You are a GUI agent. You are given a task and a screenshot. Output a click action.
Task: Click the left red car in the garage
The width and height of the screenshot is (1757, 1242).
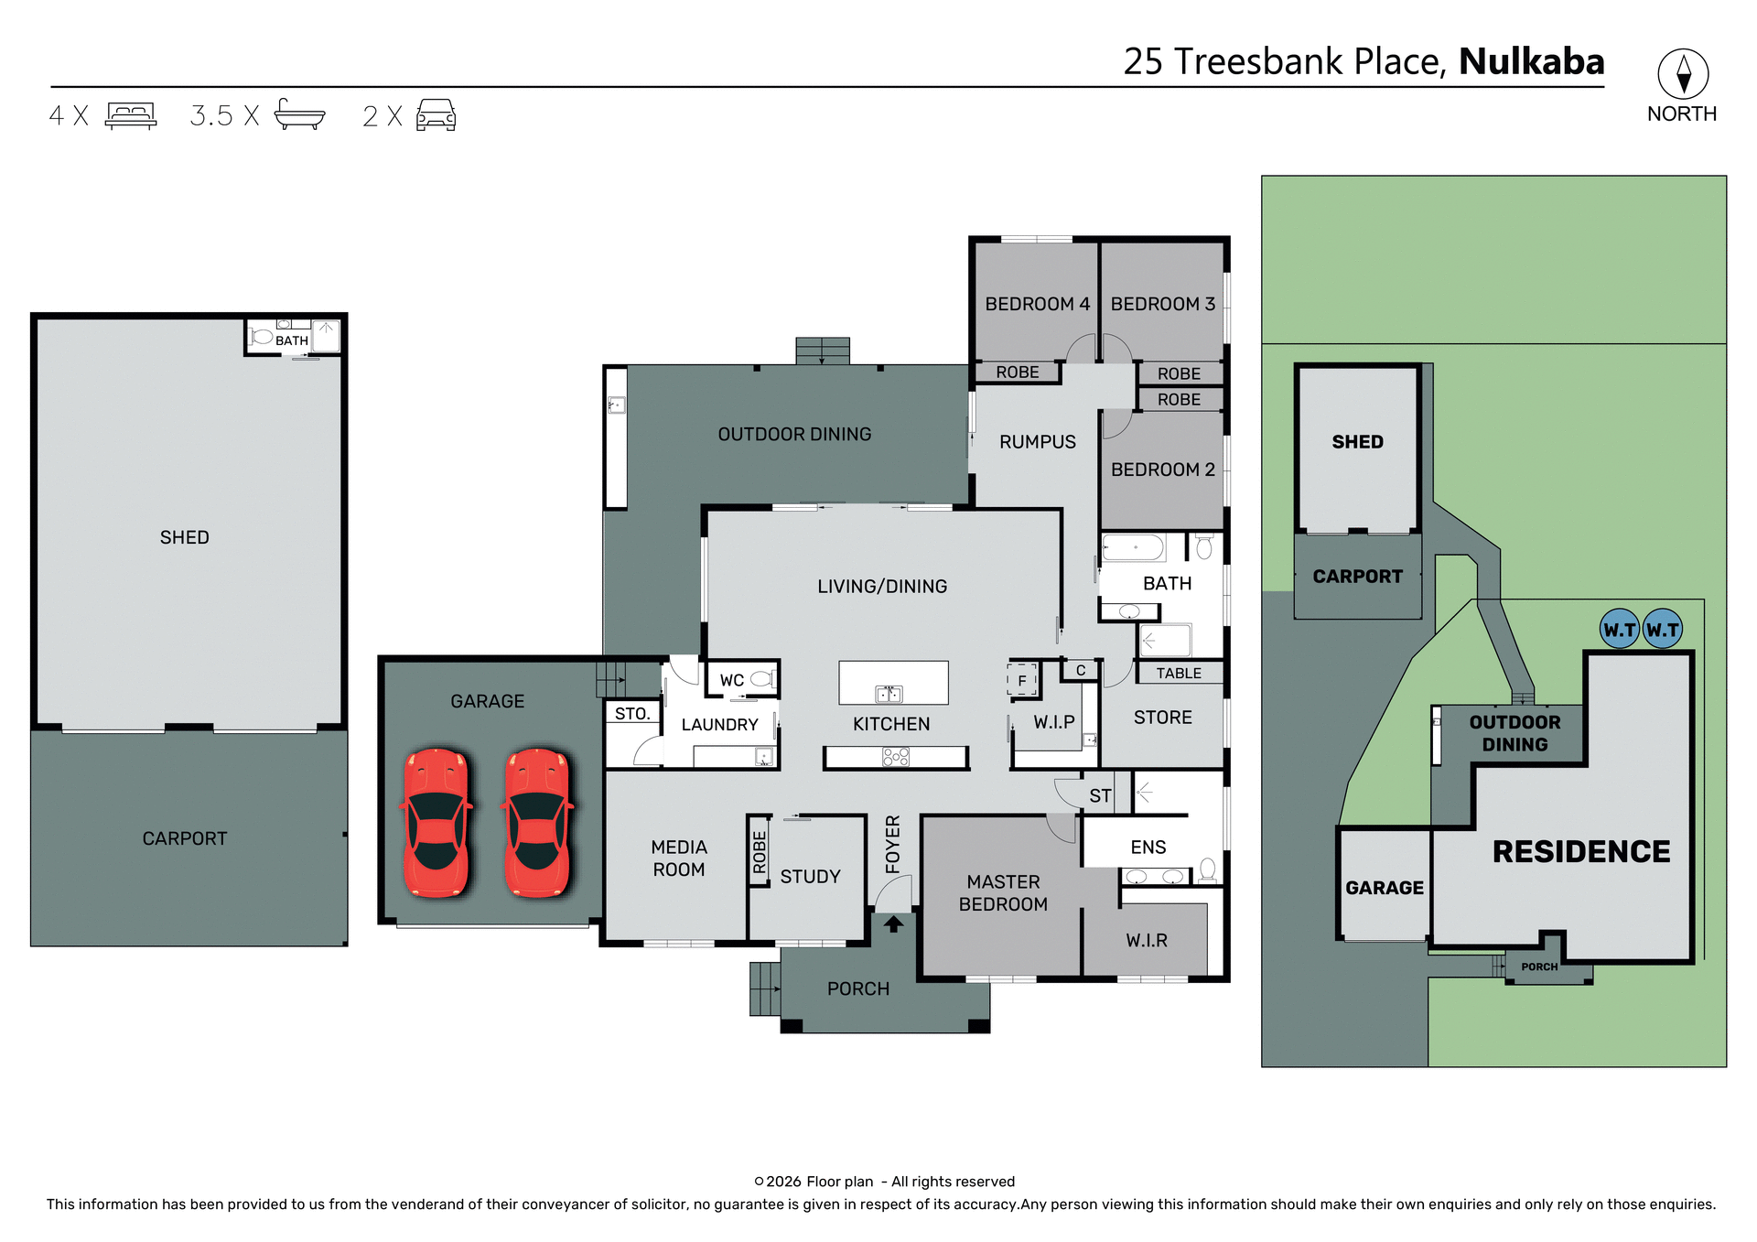click(437, 823)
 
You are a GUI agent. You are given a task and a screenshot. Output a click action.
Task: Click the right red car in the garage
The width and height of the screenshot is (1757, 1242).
click(537, 823)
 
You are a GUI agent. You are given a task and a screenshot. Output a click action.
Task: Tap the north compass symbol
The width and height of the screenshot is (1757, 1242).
click(1683, 74)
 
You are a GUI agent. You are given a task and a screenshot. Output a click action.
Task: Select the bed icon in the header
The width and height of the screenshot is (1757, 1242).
click(131, 115)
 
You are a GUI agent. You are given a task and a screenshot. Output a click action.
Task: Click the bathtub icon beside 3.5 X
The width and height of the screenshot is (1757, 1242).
click(299, 115)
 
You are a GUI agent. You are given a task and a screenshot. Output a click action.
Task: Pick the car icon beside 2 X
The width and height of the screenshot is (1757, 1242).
click(437, 115)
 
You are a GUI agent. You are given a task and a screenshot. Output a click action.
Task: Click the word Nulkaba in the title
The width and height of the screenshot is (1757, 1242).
click(1531, 61)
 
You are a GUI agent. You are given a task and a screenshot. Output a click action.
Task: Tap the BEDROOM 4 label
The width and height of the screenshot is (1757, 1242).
click(1037, 304)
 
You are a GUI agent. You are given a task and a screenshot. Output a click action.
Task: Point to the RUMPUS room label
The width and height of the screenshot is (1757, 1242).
click(1037, 442)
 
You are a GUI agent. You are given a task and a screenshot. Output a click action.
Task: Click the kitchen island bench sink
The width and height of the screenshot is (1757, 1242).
click(889, 693)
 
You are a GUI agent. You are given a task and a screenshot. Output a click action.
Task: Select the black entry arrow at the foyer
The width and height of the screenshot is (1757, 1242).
click(893, 924)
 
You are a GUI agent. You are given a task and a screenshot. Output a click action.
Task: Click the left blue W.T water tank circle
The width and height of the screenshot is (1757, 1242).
click(1619, 630)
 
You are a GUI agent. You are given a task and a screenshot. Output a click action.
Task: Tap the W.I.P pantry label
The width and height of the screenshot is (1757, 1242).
click(1053, 722)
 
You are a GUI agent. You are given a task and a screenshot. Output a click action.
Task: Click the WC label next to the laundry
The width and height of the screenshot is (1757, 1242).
click(731, 681)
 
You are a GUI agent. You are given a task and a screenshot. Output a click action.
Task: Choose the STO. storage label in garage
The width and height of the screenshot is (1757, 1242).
click(631, 714)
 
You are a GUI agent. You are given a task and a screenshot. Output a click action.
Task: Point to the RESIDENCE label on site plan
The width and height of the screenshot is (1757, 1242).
click(1580, 852)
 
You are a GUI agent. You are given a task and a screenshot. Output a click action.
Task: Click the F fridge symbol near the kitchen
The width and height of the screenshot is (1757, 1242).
click(1022, 681)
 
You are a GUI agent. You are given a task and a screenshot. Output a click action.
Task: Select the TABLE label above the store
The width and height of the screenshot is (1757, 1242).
click(1178, 674)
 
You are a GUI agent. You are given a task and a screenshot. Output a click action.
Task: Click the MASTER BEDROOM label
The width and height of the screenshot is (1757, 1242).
click(1003, 893)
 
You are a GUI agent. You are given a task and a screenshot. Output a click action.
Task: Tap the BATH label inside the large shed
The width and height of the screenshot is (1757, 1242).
click(292, 341)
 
